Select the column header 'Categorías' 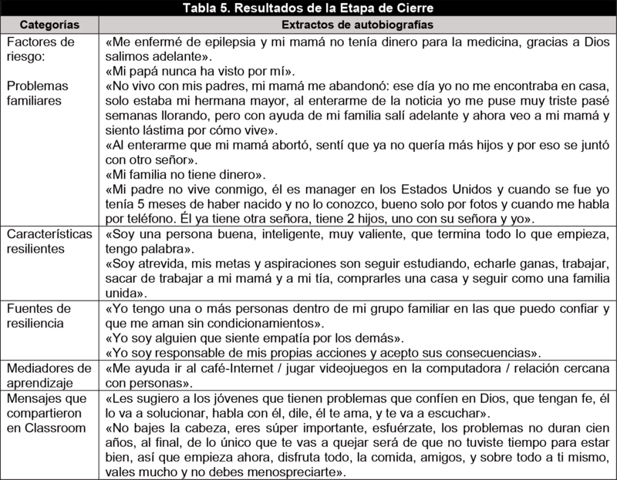coord(49,25)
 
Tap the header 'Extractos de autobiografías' coord(359,25)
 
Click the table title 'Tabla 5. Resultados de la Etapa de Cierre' coord(308,8)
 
